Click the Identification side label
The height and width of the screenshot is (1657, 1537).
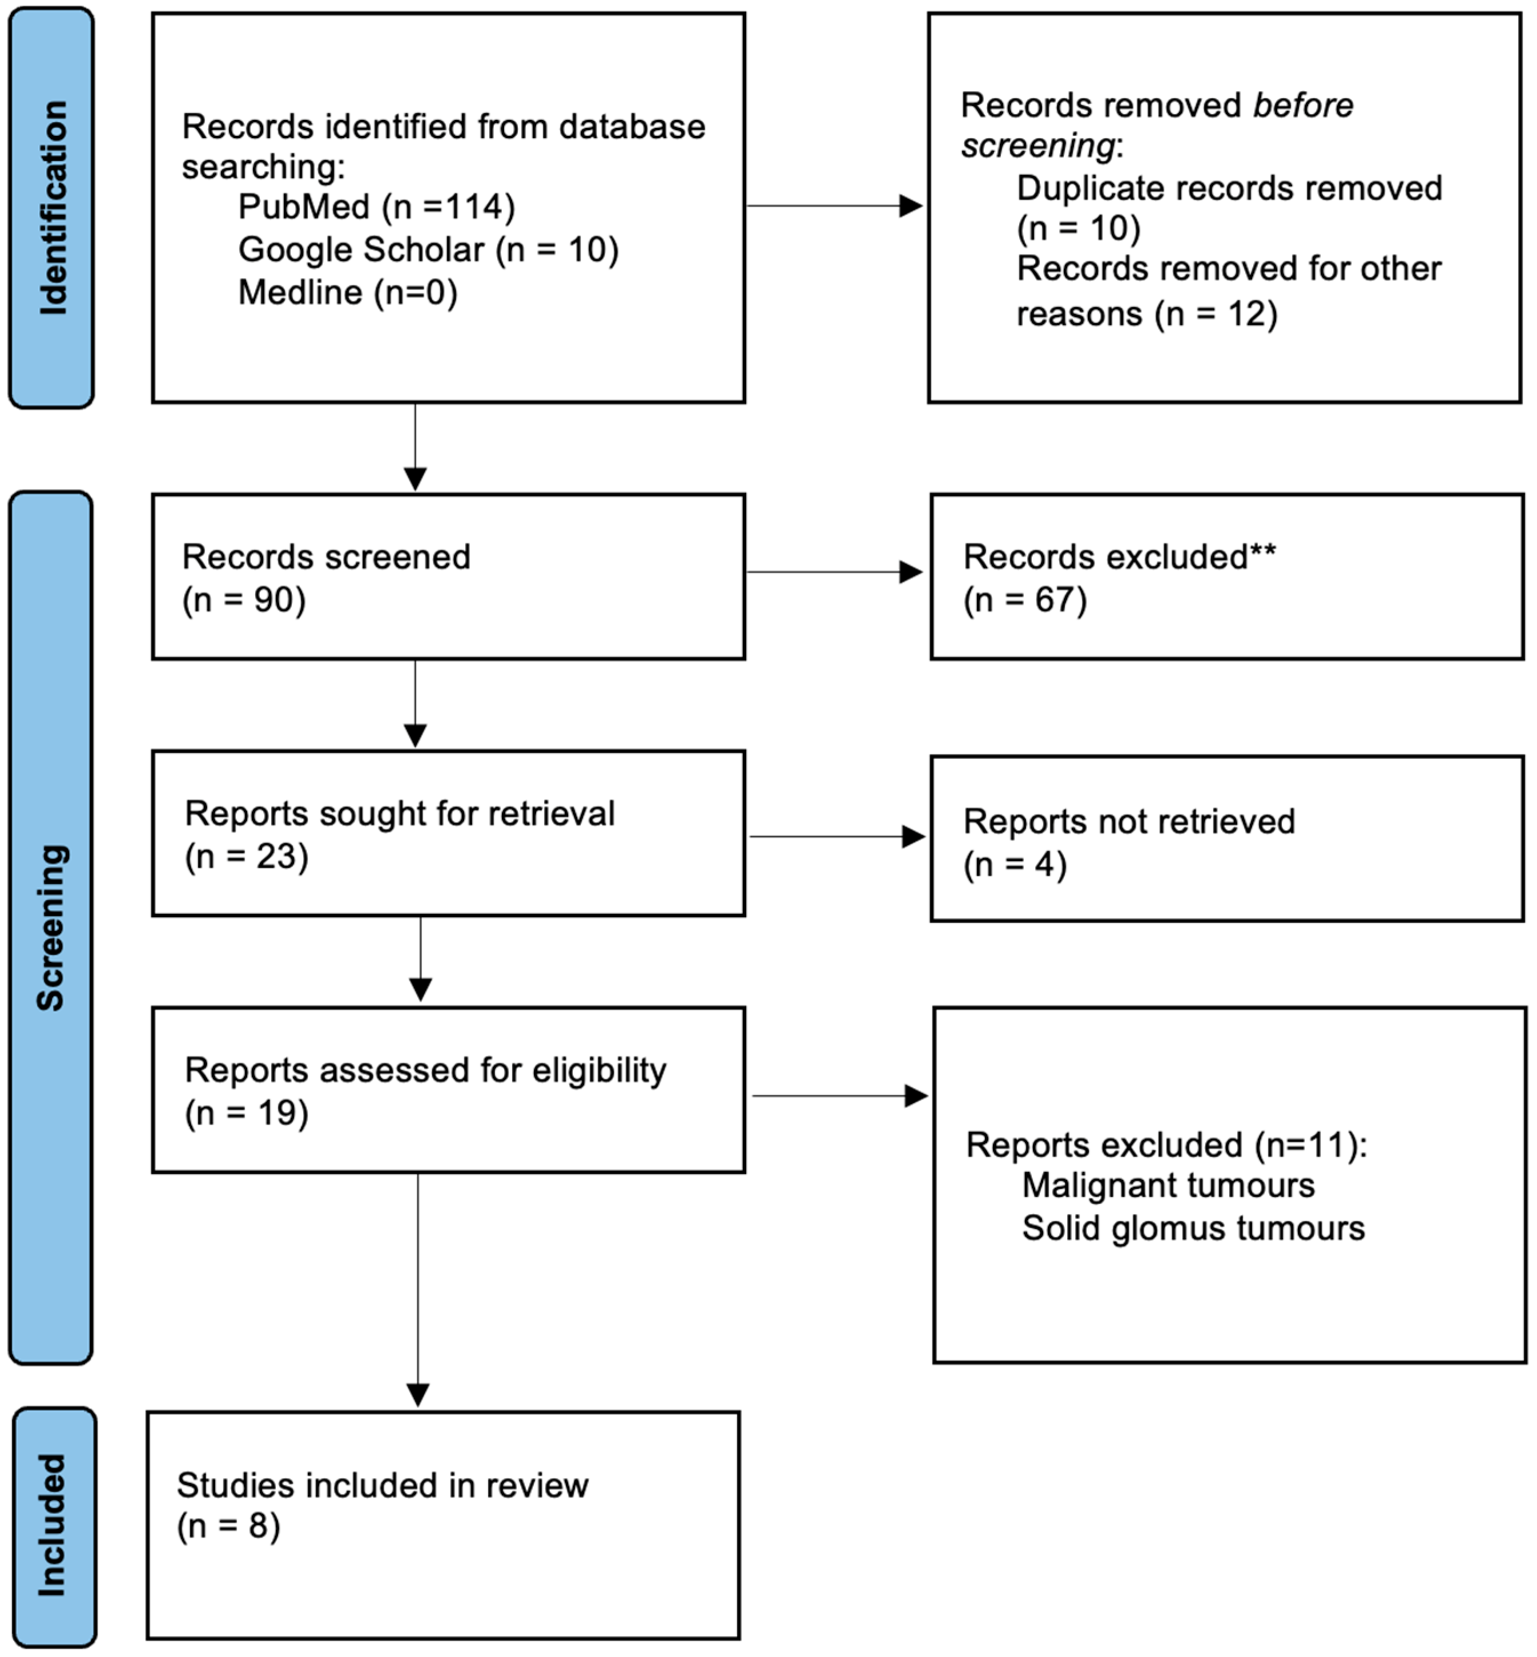pyautogui.click(x=51, y=207)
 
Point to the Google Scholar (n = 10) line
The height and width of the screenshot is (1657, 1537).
pyautogui.click(x=428, y=249)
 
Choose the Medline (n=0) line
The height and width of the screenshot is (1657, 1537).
pyautogui.click(x=348, y=293)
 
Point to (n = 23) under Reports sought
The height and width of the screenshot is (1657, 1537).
pyautogui.click(x=246, y=856)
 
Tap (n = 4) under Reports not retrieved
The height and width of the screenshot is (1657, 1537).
pyautogui.click(x=1015, y=865)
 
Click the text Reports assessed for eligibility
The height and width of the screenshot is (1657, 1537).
pyautogui.click(x=425, y=1071)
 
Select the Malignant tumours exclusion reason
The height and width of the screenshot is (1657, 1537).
pyautogui.click(x=1168, y=1186)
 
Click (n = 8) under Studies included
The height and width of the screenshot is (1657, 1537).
pyautogui.click(x=228, y=1526)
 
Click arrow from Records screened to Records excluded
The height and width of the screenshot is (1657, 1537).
pyautogui.click(x=834, y=572)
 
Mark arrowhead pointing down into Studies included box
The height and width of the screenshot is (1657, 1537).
pyautogui.click(x=417, y=1394)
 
